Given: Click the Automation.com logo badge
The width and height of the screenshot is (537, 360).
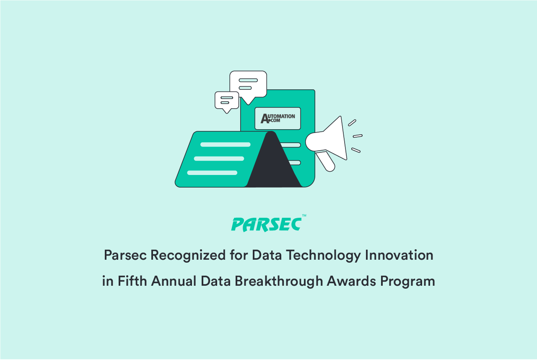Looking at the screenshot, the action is pyautogui.click(x=278, y=118).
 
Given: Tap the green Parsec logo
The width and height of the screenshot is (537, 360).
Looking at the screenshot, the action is pyautogui.click(x=266, y=224).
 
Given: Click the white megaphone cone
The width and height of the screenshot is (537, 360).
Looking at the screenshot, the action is pyautogui.click(x=328, y=139).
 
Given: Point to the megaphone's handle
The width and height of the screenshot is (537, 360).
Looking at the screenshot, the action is pyautogui.click(x=326, y=161).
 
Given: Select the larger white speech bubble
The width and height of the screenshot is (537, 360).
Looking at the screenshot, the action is pyautogui.click(x=248, y=85).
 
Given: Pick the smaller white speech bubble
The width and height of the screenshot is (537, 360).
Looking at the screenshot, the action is pyautogui.click(x=226, y=101).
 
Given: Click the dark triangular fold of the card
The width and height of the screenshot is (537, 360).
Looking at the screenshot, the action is pyautogui.click(x=274, y=161).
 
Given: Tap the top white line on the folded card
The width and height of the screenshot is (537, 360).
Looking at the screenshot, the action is pyautogui.click(x=226, y=144).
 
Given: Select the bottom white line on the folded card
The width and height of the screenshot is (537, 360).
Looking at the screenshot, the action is pyautogui.click(x=212, y=173).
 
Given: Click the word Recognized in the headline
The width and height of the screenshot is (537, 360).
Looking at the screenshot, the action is pyautogui.click(x=188, y=256).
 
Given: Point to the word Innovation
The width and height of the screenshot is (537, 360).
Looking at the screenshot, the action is pyautogui.click(x=399, y=255).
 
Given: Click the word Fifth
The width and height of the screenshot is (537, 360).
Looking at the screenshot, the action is pyautogui.click(x=132, y=281).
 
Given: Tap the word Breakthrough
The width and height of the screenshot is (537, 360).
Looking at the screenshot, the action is pyautogui.click(x=279, y=281).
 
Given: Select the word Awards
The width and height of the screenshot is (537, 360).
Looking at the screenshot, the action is pyautogui.click(x=351, y=281).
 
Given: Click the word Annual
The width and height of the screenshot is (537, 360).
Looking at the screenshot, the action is pyautogui.click(x=174, y=281).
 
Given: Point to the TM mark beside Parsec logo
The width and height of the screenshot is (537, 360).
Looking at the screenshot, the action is pyautogui.click(x=304, y=216).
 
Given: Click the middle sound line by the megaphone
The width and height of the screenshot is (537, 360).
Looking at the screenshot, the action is pyautogui.click(x=358, y=136).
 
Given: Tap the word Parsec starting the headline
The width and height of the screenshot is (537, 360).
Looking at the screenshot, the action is pyautogui.click(x=125, y=255).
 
